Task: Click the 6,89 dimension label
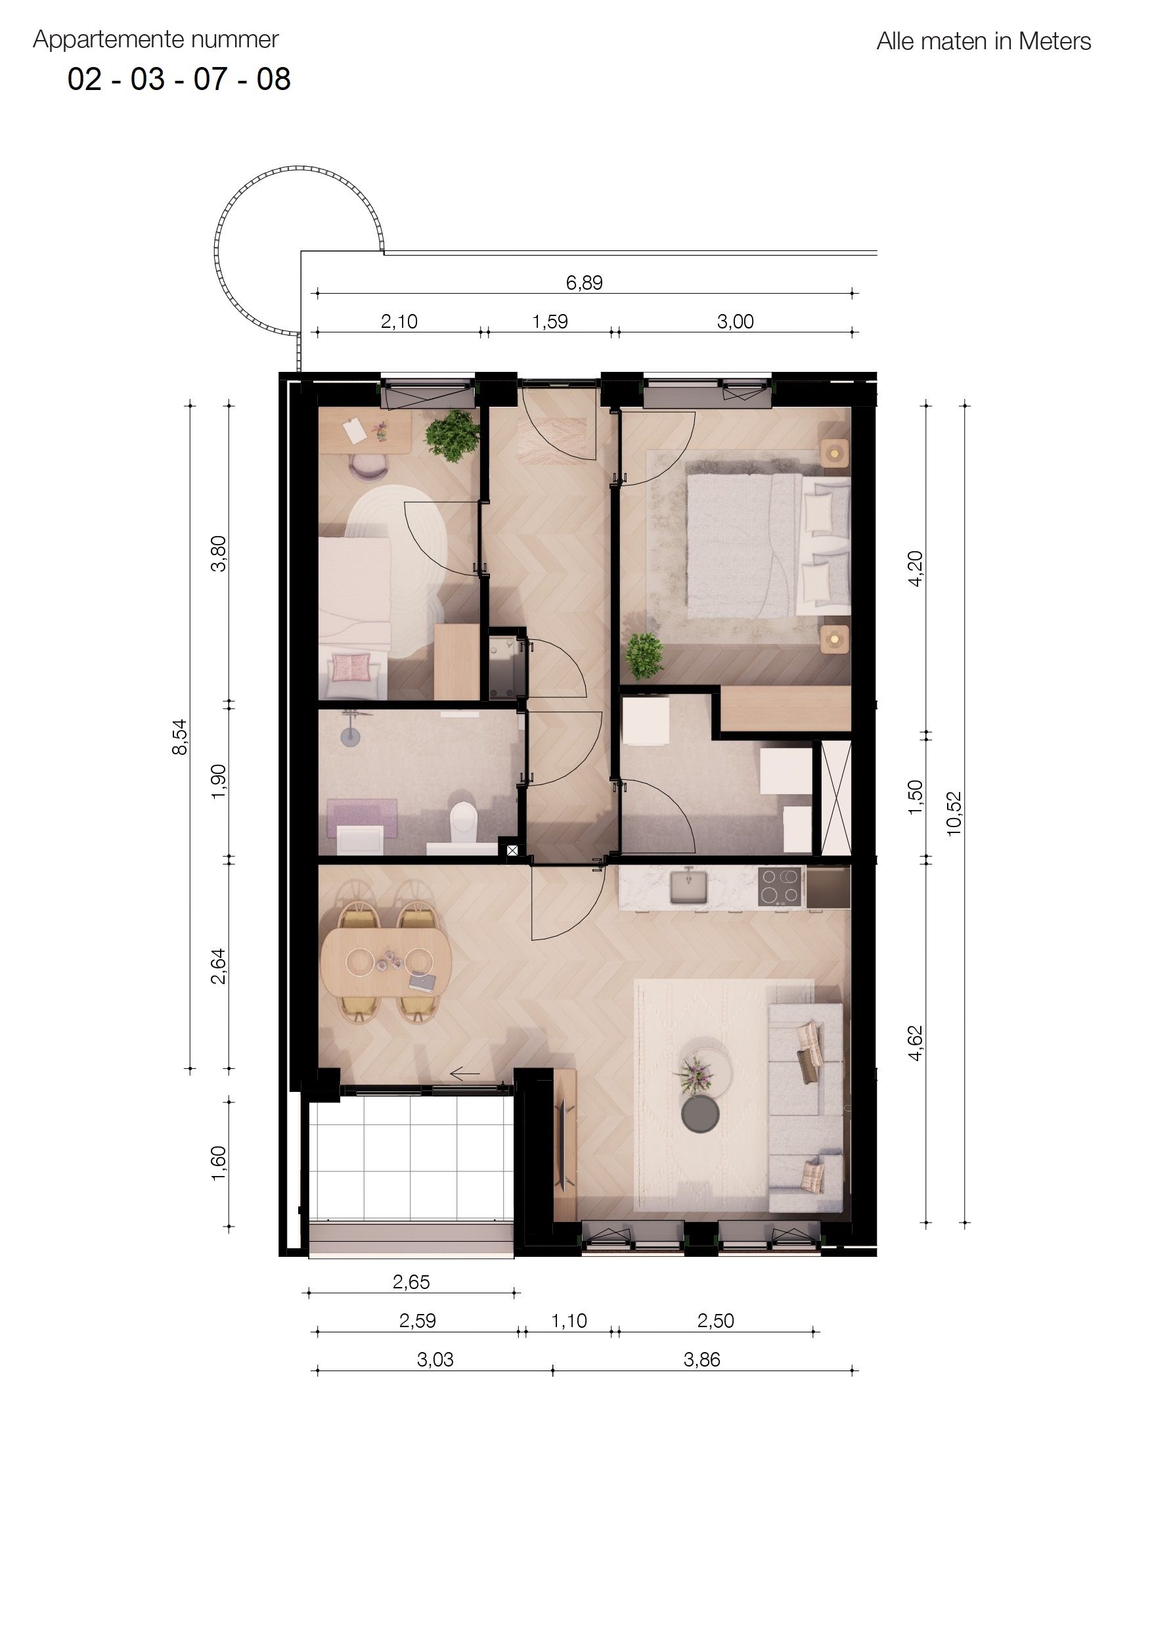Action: pyautogui.click(x=584, y=283)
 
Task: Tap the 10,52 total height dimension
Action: pyautogui.click(x=955, y=813)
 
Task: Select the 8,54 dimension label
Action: pyautogui.click(x=181, y=737)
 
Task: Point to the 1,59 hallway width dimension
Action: pyautogui.click(x=550, y=322)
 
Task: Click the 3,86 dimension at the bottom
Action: pyautogui.click(x=701, y=1359)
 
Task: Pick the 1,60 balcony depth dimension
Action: pyautogui.click(x=219, y=1164)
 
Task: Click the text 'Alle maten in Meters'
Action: pyautogui.click(x=983, y=42)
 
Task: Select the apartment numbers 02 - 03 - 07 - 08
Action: pyautogui.click(x=179, y=79)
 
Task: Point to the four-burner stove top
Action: pyautogui.click(x=780, y=887)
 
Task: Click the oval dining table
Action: pyautogui.click(x=386, y=962)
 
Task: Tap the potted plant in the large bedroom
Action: pyautogui.click(x=644, y=654)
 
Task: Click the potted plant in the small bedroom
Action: pyautogui.click(x=451, y=434)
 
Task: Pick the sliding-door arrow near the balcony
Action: pyautogui.click(x=465, y=1074)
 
